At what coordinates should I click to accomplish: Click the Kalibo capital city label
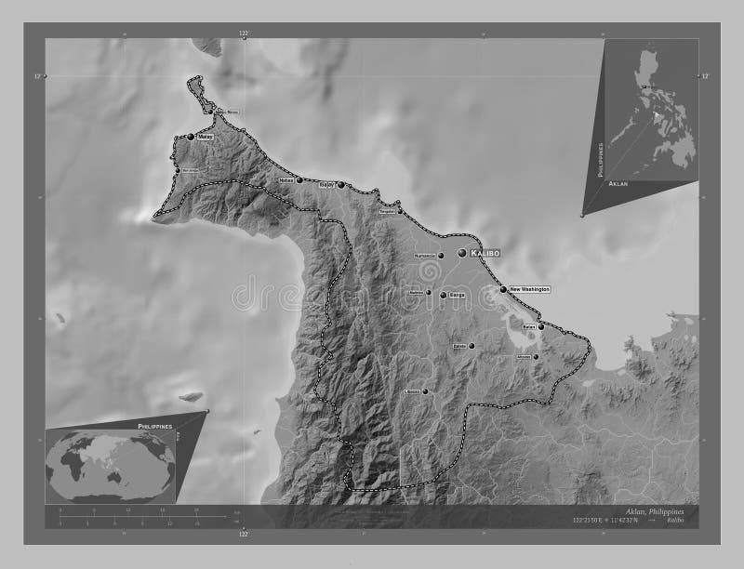coord(486,253)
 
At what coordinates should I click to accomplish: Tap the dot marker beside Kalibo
coord(462,252)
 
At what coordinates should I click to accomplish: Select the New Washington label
coord(529,290)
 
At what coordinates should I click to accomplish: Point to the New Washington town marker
coord(503,290)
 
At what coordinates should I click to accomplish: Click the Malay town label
coord(206,137)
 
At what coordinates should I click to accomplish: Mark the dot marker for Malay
coord(191,137)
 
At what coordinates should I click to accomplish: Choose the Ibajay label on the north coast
coord(326,185)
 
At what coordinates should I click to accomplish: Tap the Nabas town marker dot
coord(299,180)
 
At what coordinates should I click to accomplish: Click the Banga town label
coord(456,294)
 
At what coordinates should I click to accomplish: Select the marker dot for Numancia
coord(441,256)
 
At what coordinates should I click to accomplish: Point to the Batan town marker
coord(541,327)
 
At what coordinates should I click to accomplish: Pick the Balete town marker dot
coord(472,347)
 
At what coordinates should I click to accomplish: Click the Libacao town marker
coord(425,392)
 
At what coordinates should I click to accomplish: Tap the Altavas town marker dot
coord(536,356)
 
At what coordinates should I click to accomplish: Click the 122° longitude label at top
coord(245,33)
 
